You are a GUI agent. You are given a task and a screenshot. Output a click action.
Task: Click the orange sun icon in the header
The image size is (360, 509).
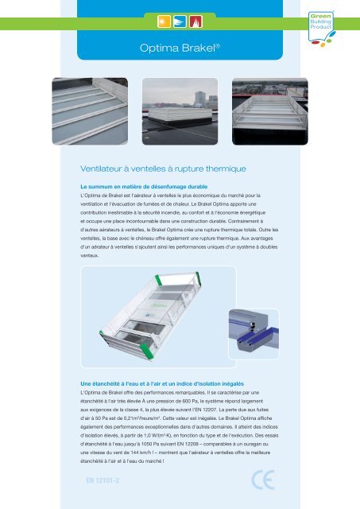pos(164,21)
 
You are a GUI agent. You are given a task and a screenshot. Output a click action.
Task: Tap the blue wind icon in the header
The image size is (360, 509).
pos(180,21)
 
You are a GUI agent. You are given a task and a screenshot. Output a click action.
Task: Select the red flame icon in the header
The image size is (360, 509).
pos(195,21)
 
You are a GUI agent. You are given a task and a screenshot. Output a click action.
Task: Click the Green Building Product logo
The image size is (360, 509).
pos(321,29)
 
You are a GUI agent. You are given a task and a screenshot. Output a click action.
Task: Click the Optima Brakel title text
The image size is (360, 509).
pos(180,48)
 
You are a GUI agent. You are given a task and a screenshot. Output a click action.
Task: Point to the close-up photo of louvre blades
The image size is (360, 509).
pos(90,111)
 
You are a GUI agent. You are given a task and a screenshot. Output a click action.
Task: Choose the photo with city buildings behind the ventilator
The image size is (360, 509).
pos(180,111)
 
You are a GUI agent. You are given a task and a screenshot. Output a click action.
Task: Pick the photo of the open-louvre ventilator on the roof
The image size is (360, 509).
pos(270,111)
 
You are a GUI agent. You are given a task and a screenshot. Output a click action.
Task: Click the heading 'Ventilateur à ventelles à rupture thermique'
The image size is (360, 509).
pos(163,169)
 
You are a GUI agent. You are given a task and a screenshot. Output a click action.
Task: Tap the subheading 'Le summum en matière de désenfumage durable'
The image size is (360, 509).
pos(144,187)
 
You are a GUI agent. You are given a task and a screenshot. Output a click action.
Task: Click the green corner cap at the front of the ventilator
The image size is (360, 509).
pos(146,352)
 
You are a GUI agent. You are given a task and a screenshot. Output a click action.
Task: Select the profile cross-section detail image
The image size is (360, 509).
pos(254,334)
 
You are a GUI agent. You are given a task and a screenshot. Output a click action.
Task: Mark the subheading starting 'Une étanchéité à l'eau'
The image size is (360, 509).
pos(162,383)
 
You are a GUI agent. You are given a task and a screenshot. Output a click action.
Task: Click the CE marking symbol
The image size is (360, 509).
pos(263,480)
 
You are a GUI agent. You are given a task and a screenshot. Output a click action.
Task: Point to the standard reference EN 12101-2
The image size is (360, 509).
pos(103,480)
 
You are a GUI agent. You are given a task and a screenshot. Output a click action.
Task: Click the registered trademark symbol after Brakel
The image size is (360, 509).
pos(218,45)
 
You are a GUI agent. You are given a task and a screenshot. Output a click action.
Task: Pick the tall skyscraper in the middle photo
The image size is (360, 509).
pos(199,99)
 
